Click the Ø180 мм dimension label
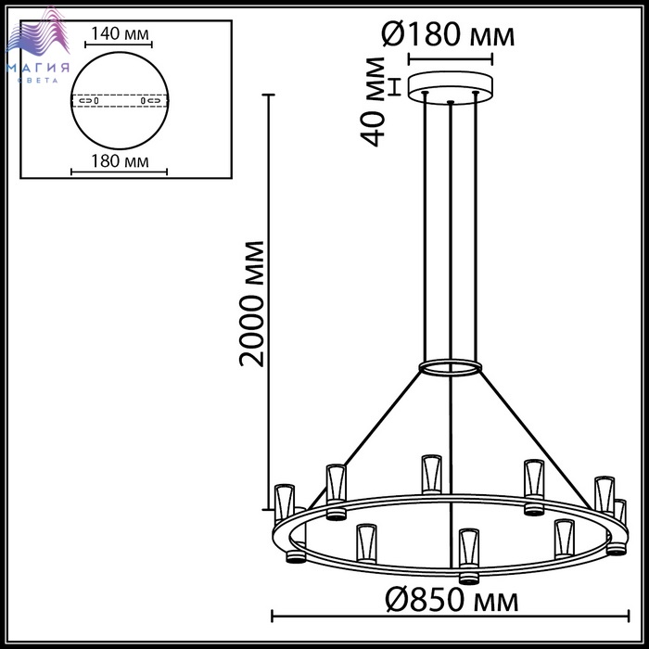448,35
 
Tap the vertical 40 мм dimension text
374,102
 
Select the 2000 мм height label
251,304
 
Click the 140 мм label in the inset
120,33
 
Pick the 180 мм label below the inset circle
120,161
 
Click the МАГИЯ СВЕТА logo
38,45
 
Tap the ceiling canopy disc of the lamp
451,87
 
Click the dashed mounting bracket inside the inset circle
120,100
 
